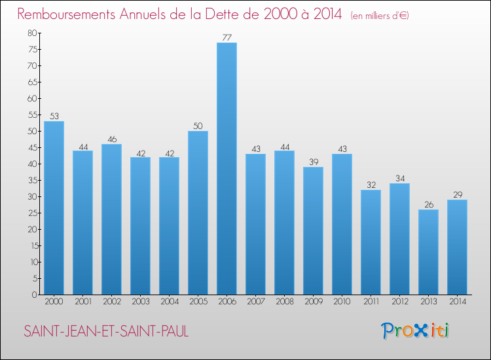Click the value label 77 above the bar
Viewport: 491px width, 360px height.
point(227,37)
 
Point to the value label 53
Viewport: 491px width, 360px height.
point(54,116)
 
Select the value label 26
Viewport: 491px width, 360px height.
point(428,204)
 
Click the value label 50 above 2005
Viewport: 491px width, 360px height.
point(198,126)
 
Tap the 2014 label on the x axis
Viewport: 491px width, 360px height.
point(457,302)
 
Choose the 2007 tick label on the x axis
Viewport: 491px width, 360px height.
point(255,302)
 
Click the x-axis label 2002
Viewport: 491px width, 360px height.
point(111,302)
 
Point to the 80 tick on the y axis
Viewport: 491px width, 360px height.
point(32,33)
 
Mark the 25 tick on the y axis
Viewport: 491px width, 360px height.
point(32,213)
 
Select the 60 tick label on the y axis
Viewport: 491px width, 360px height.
point(32,98)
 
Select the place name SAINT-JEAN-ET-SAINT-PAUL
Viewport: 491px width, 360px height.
point(106,332)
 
